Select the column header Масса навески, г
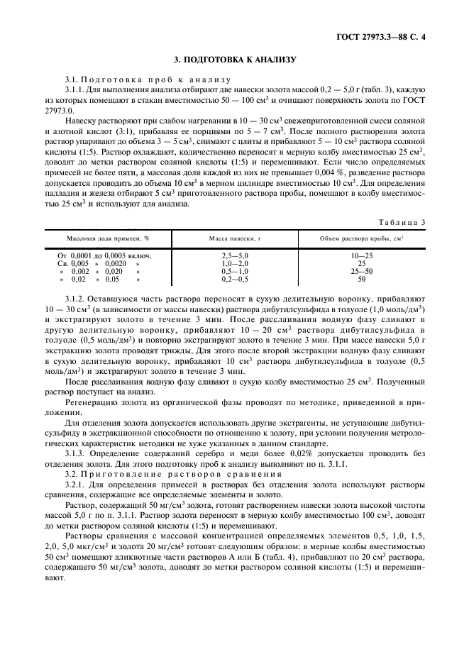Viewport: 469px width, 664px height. [236, 240]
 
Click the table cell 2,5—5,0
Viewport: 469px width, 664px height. [236, 255]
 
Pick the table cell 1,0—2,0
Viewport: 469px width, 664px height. [236, 262]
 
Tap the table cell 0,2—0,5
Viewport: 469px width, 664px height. [236, 280]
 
